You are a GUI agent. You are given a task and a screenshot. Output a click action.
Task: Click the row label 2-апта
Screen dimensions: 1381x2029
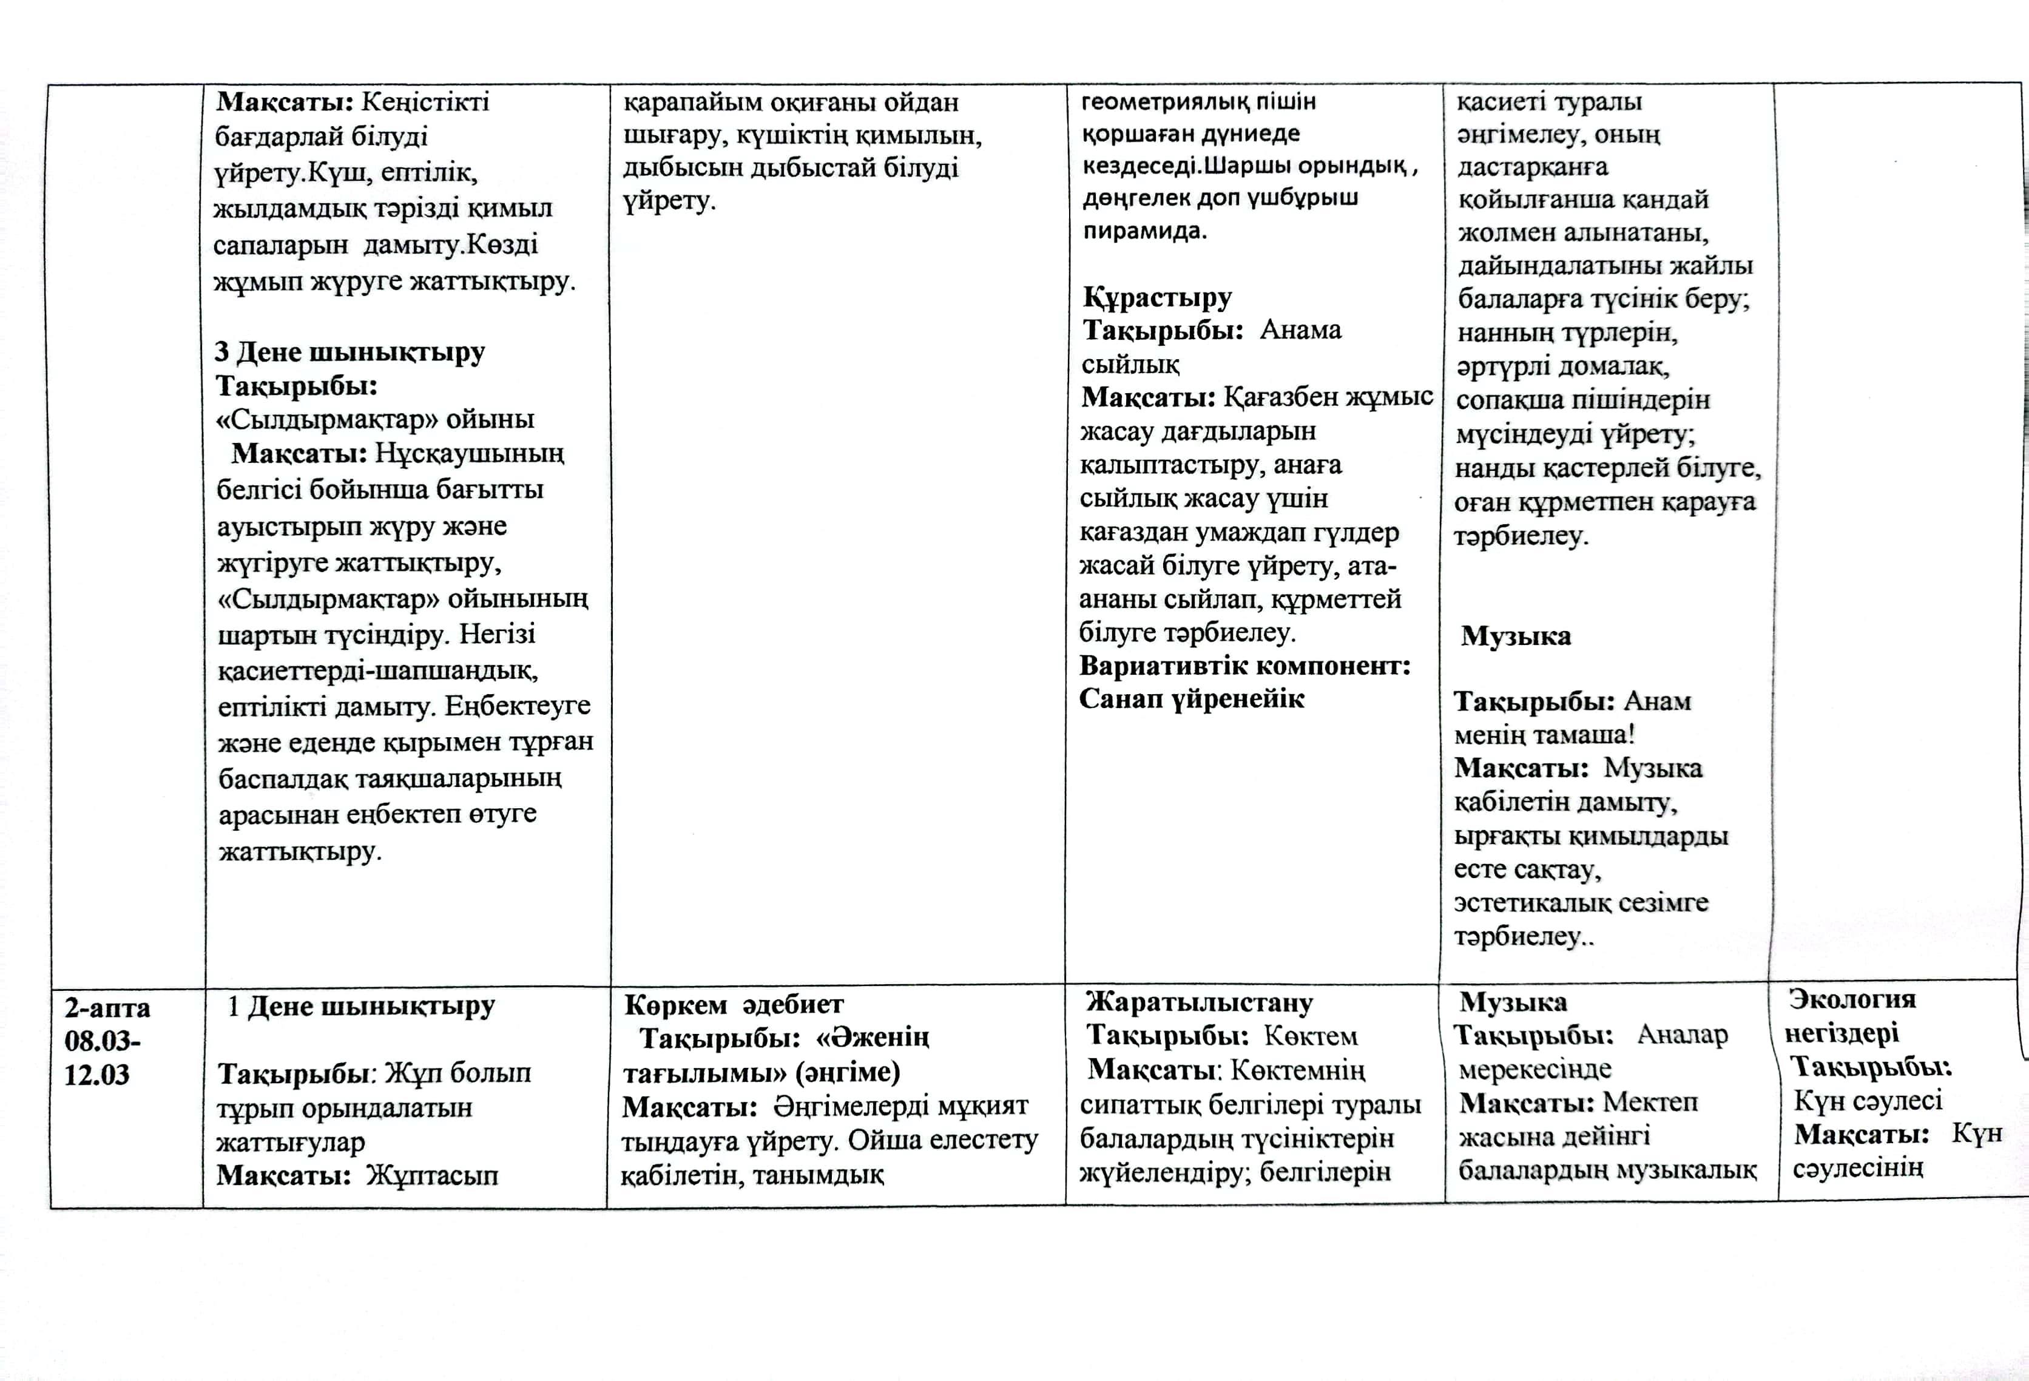(107, 1008)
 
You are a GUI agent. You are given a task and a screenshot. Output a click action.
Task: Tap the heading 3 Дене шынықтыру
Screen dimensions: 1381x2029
(349, 352)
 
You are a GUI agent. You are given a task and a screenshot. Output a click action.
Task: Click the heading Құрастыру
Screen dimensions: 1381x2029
(1157, 298)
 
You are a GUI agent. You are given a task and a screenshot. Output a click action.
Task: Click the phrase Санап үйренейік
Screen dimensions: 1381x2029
(1192, 699)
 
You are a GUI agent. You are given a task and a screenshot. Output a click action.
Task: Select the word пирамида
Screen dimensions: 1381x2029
(1144, 231)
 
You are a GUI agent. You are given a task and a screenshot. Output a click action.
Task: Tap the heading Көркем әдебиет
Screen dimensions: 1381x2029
(734, 1005)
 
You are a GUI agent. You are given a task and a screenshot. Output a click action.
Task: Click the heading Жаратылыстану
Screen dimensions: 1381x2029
(1199, 1003)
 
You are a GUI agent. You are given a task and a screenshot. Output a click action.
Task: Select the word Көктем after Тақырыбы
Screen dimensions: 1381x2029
(1311, 1036)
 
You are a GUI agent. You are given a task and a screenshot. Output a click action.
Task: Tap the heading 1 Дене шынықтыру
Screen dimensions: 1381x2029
(360, 1007)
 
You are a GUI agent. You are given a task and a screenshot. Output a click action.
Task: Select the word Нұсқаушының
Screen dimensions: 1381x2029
(470, 454)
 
